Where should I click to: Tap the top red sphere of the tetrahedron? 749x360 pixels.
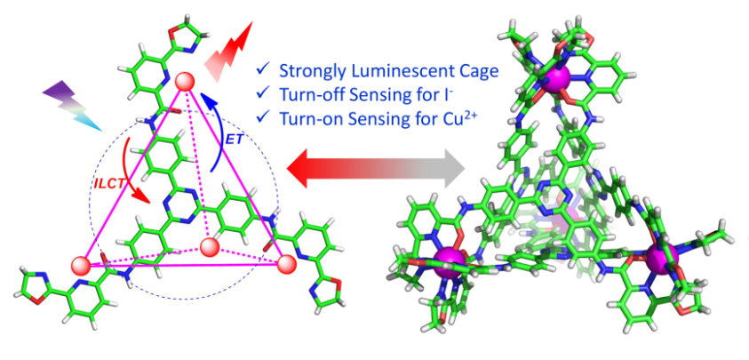[185, 83]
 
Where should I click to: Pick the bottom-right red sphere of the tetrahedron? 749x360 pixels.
[286, 264]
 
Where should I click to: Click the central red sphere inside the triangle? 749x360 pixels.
[210, 245]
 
